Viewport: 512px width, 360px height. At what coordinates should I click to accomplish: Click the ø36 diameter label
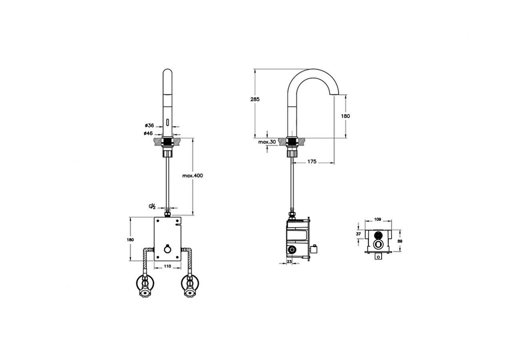click(149, 125)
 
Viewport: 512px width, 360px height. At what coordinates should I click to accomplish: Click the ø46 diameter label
click(148, 133)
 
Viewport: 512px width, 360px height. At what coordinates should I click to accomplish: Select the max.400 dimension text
click(193, 176)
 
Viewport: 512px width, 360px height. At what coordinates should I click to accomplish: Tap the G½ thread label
click(152, 206)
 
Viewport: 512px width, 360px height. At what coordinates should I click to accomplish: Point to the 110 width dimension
click(167, 266)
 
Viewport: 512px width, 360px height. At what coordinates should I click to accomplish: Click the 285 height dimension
click(255, 99)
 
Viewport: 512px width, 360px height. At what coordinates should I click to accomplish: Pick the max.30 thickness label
click(267, 142)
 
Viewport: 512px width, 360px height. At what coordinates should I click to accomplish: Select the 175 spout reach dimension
click(312, 162)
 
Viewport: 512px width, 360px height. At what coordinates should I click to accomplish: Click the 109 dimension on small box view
click(377, 219)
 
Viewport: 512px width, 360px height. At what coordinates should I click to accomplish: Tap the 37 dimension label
click(358, 234)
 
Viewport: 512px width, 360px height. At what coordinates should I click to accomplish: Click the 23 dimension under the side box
click(289, 261)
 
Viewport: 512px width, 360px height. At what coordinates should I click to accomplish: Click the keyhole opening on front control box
click(168, 250)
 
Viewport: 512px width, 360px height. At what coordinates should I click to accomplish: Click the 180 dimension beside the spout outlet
click(346, 116)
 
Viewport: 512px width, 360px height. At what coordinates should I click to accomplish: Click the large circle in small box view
click(377, 245)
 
